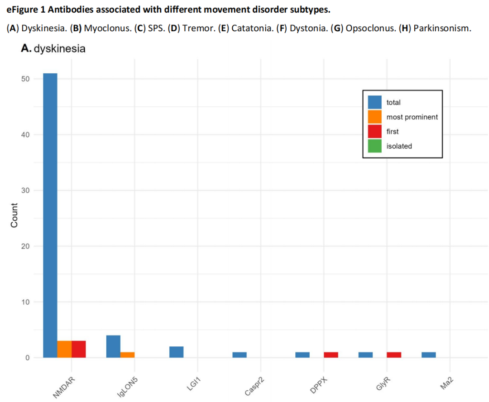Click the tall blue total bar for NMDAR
(50, 215)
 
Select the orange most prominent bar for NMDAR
(65, 349)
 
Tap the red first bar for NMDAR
(79, 349)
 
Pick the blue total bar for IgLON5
(113, 346)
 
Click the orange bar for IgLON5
(128, 354)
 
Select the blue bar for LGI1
(177, 352)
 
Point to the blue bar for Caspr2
(240, 354)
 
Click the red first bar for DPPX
(331, 354)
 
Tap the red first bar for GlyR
(394, 354)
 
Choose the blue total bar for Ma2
(428, 354)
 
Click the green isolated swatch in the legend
(374, 146)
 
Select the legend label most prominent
(412, 117)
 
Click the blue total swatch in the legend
(374, 102)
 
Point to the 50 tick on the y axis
(25, 79)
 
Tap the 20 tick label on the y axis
(25, 246)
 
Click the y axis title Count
(14, 215)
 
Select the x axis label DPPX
(319, 385)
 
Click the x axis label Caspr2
(254, 387)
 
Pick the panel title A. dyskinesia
(53, 48)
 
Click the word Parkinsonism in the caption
(442, 28)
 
